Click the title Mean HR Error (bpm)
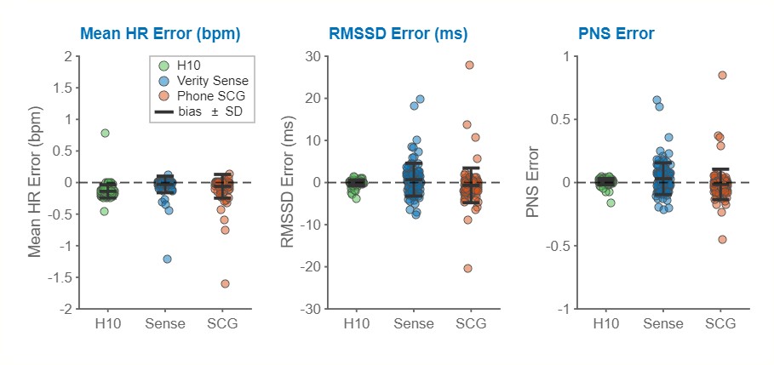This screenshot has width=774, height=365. [x=159, y=34]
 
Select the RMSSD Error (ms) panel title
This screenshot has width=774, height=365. [x=398, y=34]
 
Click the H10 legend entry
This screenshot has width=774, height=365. [x=188, y=66]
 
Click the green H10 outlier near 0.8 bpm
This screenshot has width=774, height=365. [x=105, y=133]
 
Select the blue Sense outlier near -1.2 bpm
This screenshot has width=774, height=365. [x=167, y=259]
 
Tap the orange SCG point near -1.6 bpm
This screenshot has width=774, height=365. [x=226, y=283]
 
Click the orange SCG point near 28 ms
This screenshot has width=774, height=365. [x=469, y=65]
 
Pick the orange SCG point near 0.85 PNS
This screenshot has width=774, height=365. [x=722, y=75]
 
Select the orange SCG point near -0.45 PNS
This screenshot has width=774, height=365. [x=722, y=239]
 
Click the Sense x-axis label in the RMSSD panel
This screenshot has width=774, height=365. [x=414, y=323]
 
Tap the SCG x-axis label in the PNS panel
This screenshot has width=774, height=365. [x=721, y=323]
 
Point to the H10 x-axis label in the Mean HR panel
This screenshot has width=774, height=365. [x=107, y=323]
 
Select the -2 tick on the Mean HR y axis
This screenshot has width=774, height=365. [x=66, y=309]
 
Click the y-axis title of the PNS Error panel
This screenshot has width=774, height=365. [x=535, y=182]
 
